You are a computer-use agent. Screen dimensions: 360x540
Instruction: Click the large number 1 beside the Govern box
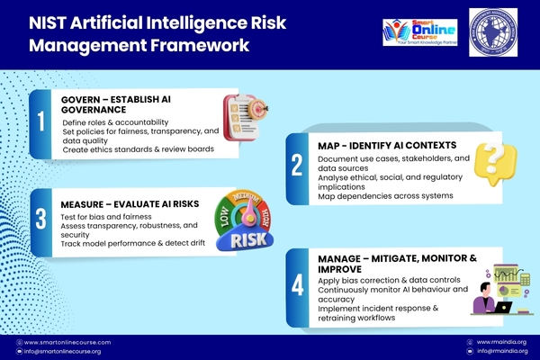41,123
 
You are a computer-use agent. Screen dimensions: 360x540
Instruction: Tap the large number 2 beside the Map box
296,165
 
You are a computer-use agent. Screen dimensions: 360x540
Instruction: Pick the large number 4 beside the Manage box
297,283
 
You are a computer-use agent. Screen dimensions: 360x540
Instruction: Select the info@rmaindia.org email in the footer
496,351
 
